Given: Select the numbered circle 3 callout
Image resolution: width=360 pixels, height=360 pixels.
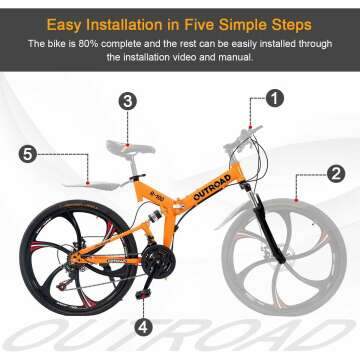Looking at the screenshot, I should point(127,101).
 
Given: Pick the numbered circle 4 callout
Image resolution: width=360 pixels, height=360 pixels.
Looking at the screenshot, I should point(144,326).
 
